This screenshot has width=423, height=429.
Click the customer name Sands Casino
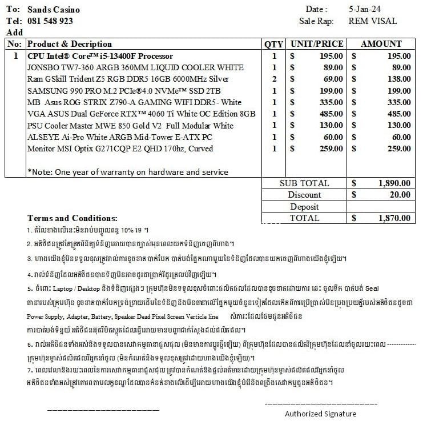click(x=54, y=10)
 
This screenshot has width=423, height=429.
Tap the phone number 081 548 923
click(x=50, y=21)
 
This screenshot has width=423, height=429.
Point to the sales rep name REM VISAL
click(x=372, y=21)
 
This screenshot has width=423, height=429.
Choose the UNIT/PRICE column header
click(x=317, y=44)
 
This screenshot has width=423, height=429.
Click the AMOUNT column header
click(x=381, y=44)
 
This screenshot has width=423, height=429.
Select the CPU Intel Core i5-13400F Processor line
click(x=100, y=56)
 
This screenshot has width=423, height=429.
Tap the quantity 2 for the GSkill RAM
click(x=274, y=79)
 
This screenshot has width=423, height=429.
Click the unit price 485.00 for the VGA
click(x=331, y=114)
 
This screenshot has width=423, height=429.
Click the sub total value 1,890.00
click(x=393, y=183)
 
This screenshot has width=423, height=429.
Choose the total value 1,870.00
click(x=393, y=218)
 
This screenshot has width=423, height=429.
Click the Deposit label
click(x=304, y=207)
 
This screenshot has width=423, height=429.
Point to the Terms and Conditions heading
click(x=72, y=218)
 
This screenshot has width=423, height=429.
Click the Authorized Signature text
click(x=320, y=414)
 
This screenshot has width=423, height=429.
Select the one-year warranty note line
click(x=127, y=171)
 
